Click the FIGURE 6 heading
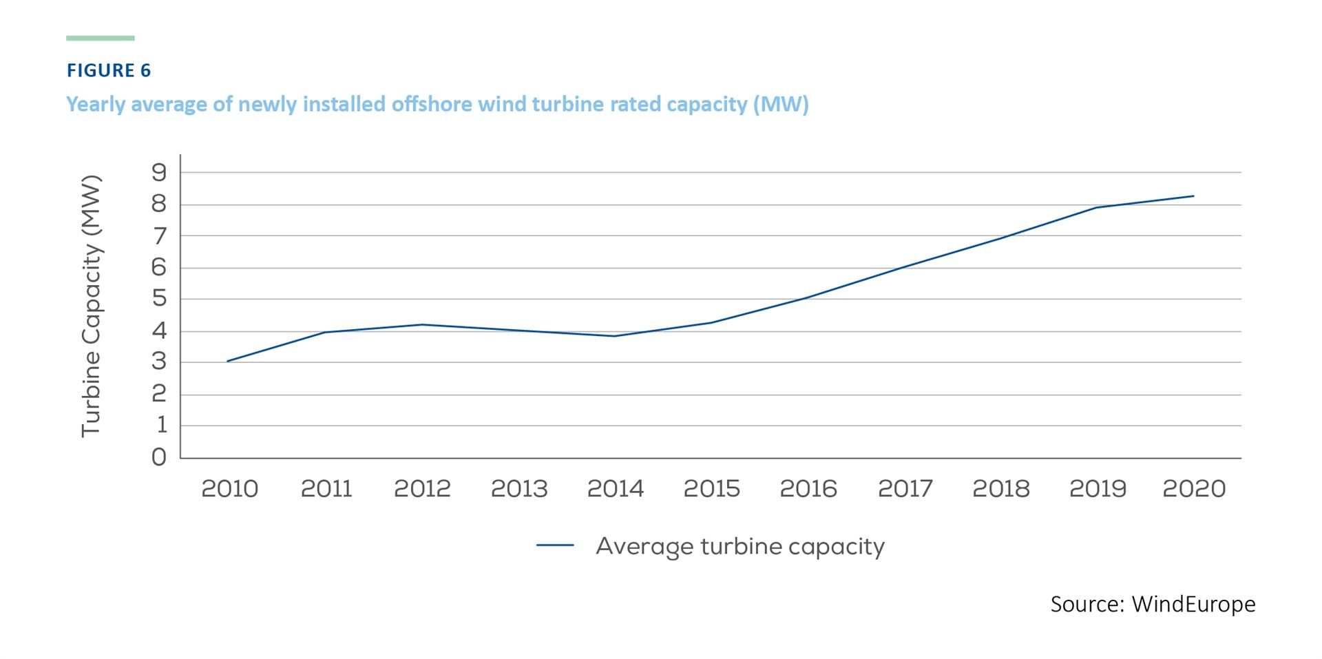pos(108,70)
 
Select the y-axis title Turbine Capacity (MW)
pos(92,306)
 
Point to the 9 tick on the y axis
pos(159,172)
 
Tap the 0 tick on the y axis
pos(159,457)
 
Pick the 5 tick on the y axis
pos(159,299)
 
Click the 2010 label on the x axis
pos(229,489)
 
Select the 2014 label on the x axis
pos(615,489)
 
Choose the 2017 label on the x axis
pos(905,489)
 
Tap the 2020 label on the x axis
pos(1194,489)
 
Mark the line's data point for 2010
pos(228,361)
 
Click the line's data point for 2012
pos(421,324)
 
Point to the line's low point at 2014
pos(614,336)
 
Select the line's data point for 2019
pos(1097,207)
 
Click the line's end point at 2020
pos(1193,196)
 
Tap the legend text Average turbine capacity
pos(739,546)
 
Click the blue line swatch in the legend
pos(555,545)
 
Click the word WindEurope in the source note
pos(1193,604)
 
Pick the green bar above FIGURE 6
pos(101,38)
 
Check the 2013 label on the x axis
pos(518,489)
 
